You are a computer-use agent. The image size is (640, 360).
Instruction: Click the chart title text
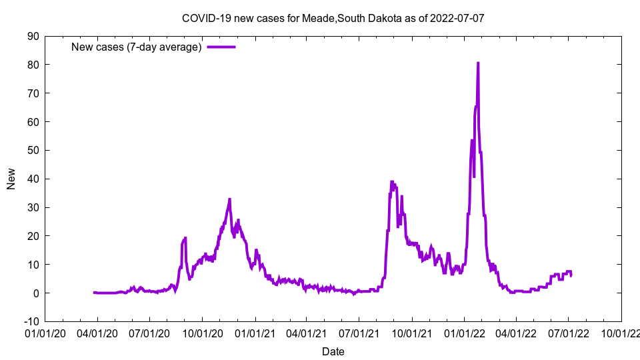click(x=333, y=18)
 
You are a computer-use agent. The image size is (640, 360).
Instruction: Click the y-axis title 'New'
click(x=11, y=179)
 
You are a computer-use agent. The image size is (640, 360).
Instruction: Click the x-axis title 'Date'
click(x=333, y=351)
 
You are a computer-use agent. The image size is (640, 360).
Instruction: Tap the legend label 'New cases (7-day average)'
click(x=136, y=47)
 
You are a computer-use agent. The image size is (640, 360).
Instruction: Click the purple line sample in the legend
click(x=221, y=47)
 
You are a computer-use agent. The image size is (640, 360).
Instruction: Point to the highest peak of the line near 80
click(x=478, y=63)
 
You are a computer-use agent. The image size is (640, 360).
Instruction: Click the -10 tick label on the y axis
click(x=31, y=321)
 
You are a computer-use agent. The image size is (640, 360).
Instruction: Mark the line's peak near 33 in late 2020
click(x=229, y=199)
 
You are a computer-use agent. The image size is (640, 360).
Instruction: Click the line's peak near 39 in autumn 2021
click(x=392, y=181)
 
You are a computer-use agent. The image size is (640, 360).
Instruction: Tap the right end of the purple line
click(x=571, y=275)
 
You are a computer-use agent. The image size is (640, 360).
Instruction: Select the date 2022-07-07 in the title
click(x=457, y=18)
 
